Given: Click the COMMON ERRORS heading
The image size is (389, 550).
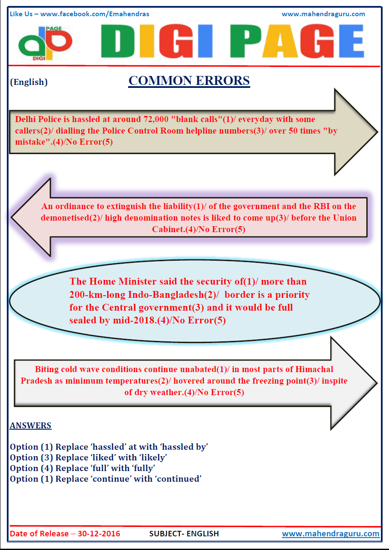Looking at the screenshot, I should coord(189,81).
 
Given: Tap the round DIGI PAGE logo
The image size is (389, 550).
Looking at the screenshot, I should coord(45,42).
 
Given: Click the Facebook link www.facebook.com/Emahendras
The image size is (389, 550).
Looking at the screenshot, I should coord(95,14).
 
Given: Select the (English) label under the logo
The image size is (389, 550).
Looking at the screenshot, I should coord(29,82).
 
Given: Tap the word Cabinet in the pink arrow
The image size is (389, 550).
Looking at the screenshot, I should coord(167,229).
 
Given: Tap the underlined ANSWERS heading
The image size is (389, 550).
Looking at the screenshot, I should coord(31,425).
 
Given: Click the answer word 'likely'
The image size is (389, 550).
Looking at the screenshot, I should coord(153,458).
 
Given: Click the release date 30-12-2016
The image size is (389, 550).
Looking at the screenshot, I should coord(99,534).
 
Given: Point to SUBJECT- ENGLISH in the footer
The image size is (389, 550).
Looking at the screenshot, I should coord(184,534).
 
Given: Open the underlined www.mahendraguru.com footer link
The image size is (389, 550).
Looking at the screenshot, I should coord(331,534).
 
